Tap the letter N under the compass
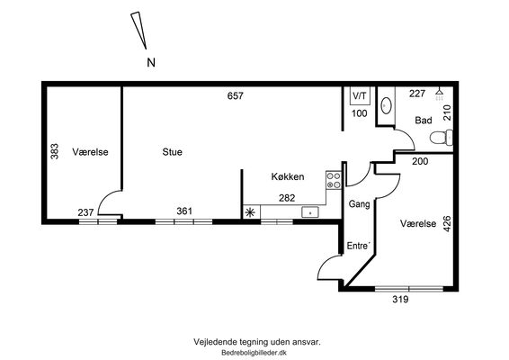point(151,62)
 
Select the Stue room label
point(172,152)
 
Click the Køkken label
point(288,176)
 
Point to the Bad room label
point(424,121)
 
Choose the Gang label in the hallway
point(359,204)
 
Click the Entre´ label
point(359,246)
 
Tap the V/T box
point(360,95)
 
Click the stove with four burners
point(334,180)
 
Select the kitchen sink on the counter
point(310,212)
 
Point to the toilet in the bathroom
point(442,138)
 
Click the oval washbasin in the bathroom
point(386,106)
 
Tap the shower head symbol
point(439,94)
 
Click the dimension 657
point(236,95)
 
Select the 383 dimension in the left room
point(55,151)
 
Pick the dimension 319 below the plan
point(400,299)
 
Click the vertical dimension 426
point(447,223)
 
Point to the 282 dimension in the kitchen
point(287,198)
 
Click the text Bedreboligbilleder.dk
point(254,353)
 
